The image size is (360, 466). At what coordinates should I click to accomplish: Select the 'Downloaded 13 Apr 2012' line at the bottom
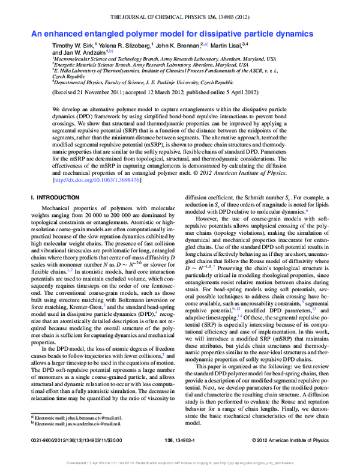click(x=180, y=463)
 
